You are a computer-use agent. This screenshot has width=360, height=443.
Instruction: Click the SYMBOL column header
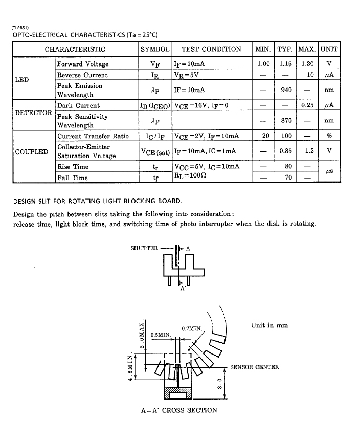(x=154, y=49)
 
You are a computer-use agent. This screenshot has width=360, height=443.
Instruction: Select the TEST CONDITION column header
(x=211, y=49)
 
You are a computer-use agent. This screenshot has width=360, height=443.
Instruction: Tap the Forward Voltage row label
(x=82, y=64)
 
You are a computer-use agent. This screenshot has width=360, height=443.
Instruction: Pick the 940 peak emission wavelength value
(x=286, y=90)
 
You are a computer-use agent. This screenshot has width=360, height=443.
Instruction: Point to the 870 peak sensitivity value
(x=286, y=121)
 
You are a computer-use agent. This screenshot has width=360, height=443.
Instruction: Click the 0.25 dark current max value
(x=307, y=105)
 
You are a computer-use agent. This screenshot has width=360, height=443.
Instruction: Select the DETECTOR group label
(x=33, y=113)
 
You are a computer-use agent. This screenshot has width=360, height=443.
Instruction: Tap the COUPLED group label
(x=32, y=151)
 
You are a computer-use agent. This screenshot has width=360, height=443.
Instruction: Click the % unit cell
(x=329, y=136)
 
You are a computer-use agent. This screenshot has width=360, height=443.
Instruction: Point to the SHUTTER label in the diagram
(x=144, y=248)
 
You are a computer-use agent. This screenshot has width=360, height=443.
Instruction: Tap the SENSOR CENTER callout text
(x=254, y=367)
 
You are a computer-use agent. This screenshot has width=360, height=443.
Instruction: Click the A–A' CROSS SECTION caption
(x=179, y=410)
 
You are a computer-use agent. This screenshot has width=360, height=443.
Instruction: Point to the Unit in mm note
(x=269, y=325)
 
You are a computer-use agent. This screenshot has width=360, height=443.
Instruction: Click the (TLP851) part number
(x=20, y=28)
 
